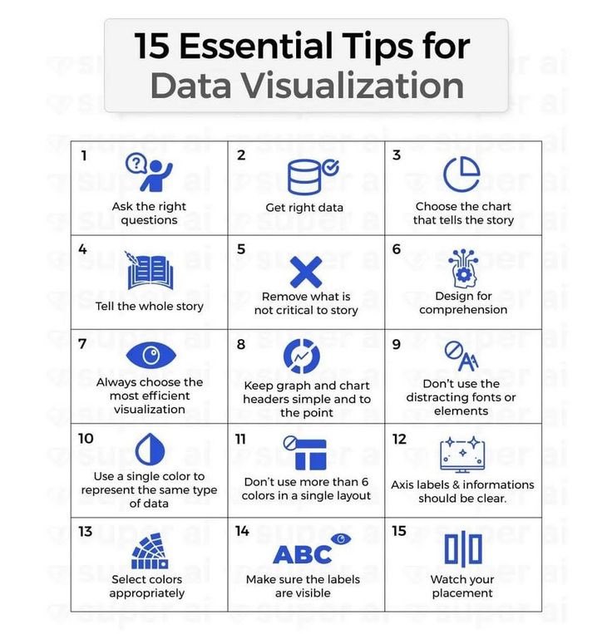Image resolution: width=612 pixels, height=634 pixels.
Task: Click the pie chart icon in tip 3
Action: [461, 174]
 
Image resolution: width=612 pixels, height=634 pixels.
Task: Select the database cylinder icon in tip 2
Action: [304, 177]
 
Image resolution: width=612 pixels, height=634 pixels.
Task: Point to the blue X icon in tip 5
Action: [306, 272]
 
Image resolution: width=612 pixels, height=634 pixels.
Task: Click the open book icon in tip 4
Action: [150, 271]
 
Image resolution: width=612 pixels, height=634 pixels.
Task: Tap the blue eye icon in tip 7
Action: [151, 356]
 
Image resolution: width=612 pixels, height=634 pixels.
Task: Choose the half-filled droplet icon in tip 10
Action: [150, 450]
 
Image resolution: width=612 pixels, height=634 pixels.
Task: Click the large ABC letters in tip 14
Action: [302, 554]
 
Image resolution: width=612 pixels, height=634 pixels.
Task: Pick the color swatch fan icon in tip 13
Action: [150, 551]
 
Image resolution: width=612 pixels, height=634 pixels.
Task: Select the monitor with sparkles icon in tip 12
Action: [462, 455]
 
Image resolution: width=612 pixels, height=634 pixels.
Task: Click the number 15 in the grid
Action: [399, 531]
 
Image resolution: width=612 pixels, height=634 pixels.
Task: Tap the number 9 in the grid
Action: [397, 344]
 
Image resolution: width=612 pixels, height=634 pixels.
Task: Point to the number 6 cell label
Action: [397, 249]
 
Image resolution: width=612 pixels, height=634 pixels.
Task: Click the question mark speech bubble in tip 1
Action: [136, 164]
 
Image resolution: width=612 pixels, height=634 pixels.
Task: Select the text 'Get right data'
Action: [304, 208]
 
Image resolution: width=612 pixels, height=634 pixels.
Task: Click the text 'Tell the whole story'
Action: [150, 306]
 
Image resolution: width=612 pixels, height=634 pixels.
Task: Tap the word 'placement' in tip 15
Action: [462, 593]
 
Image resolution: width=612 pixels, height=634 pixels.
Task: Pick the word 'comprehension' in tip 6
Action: [463, 310]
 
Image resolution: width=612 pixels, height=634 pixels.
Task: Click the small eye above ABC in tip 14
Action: [341, 538]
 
